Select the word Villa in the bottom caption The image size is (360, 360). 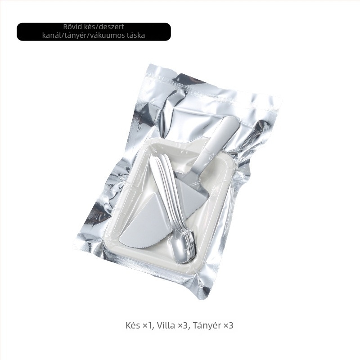point(166,325)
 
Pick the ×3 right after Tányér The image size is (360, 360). point(229,325)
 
